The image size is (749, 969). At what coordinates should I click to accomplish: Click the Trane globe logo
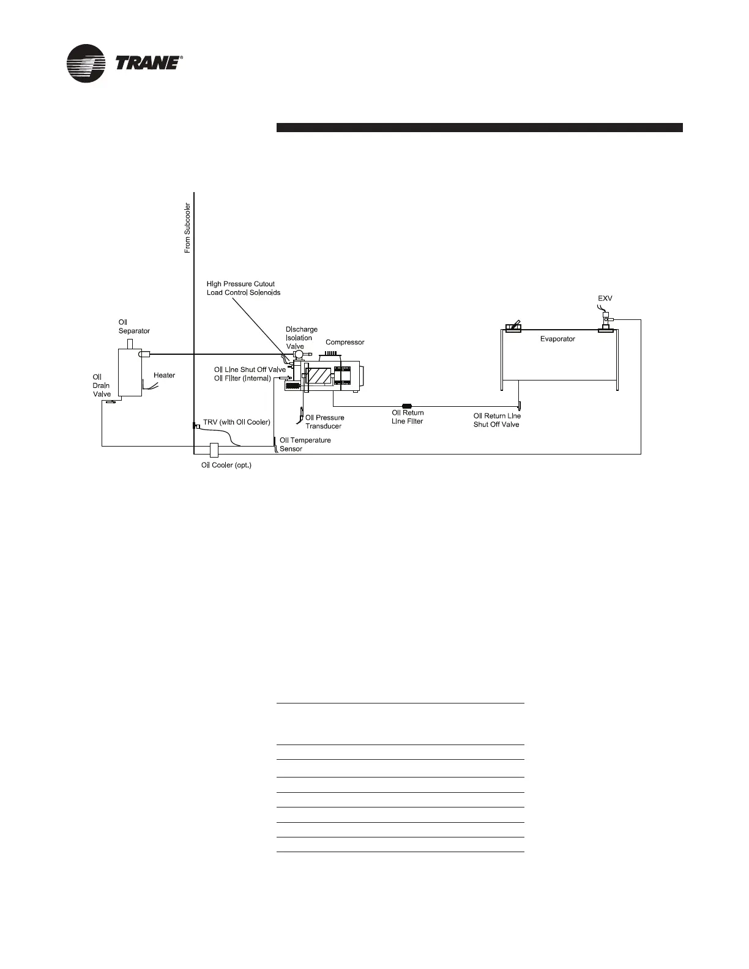pos(87,63)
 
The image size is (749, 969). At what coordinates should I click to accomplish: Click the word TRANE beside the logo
pos(147,63)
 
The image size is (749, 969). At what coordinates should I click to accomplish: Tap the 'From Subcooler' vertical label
pos(187,228)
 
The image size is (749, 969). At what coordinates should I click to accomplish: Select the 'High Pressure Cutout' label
pos(240,284)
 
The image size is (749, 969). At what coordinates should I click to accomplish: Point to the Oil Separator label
pos(133,327)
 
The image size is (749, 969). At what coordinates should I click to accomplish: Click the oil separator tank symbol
pos(130,373)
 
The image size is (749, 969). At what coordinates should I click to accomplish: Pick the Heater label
pos(164,376)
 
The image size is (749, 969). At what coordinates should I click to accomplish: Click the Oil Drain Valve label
pos(102,385)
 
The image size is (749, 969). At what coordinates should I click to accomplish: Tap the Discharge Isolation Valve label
pos(302,338)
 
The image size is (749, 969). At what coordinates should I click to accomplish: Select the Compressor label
pos(345,343)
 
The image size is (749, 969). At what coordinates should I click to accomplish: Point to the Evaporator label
pos(557,339)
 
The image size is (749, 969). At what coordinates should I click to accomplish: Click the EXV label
pos(605,299)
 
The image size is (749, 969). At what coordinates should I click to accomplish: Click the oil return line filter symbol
pos(406,406)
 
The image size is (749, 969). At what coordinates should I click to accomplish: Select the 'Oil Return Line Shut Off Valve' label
pos(497,420)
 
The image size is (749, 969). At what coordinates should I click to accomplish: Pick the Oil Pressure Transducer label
pos(324,422)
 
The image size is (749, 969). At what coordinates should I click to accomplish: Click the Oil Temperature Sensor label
pos(305,444)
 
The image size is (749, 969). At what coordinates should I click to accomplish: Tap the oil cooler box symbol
pos(214,450)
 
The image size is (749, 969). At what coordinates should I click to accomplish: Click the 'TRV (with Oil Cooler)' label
pos(236,422)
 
